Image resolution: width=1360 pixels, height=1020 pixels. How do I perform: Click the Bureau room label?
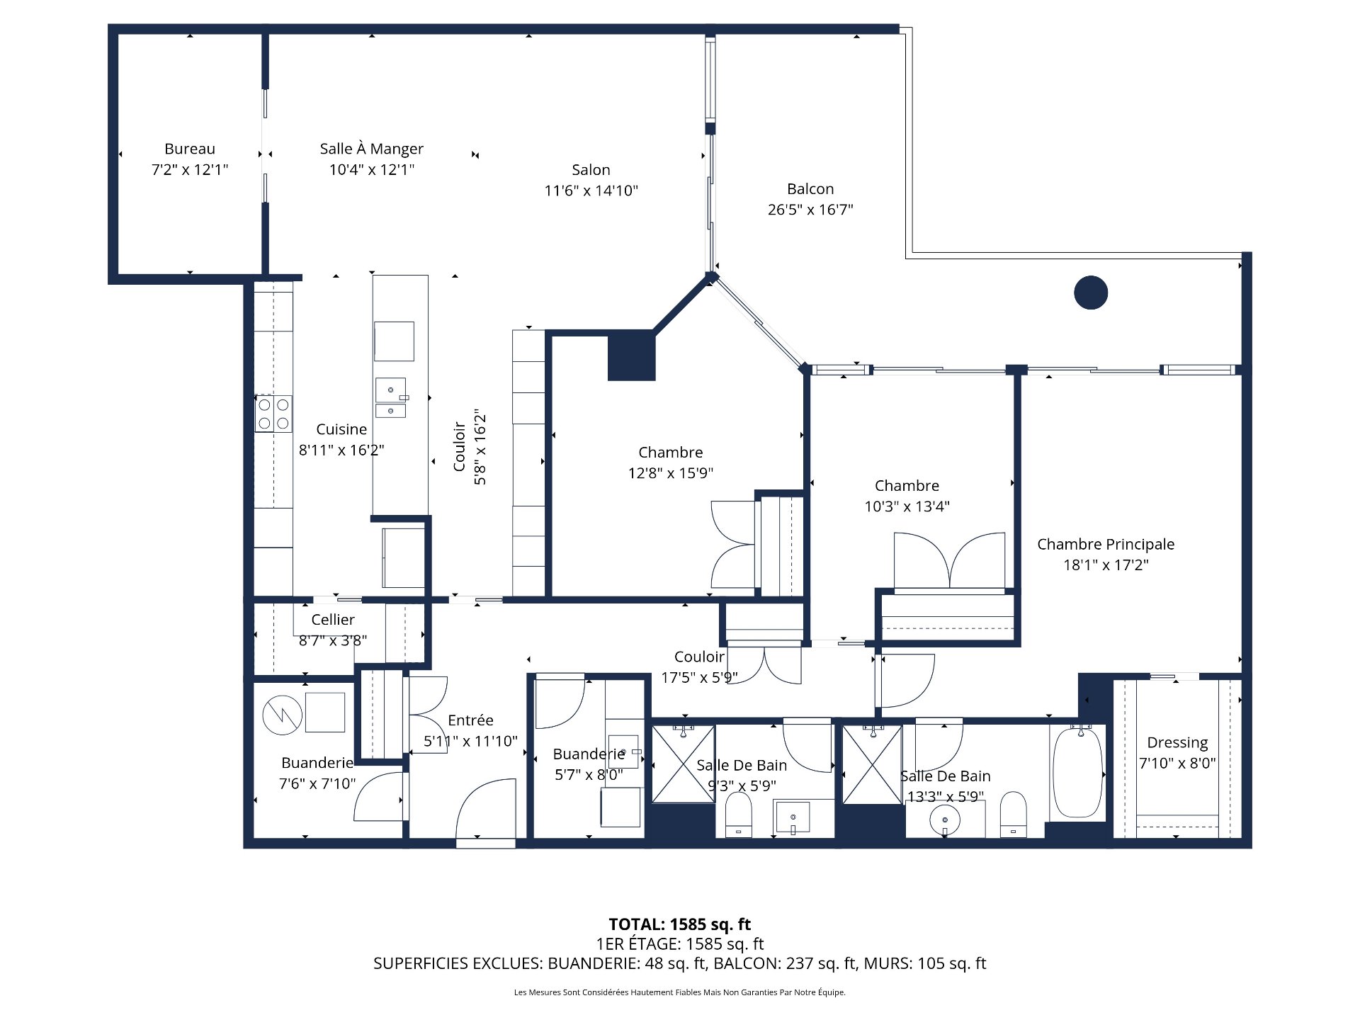click(189, 149)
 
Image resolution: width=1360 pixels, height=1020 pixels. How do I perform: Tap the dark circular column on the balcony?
click(1090, 293)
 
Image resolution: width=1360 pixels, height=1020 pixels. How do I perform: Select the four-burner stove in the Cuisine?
click(273, 414)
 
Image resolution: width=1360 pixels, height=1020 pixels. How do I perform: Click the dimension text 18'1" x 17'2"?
click(1105, 565)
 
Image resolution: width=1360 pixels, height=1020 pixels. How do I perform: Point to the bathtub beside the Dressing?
click(1077, 772)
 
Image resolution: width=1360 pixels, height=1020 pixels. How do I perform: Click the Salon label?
click(591, 170)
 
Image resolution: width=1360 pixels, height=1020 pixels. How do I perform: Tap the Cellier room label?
click(332, 620)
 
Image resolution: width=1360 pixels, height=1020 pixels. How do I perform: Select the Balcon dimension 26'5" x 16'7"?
click(810, 210)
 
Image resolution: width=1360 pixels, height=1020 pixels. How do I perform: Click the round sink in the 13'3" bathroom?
click(945, 820)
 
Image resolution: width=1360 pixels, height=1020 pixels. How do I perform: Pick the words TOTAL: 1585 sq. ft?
click(679, 924)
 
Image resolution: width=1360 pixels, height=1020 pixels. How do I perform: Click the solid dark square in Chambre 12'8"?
click(631, 355)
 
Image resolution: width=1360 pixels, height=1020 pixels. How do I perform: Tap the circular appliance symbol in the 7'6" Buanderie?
click(282, 715)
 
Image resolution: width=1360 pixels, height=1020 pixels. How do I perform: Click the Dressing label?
click(1177, 742)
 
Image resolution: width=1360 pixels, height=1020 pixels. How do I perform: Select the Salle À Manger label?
click(371, 149)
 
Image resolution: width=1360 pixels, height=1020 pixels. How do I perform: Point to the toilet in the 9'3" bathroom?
click(738, 815)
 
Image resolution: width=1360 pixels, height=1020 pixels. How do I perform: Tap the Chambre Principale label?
click(1105, 544)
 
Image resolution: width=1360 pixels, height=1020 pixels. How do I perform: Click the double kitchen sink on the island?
click(390, 399)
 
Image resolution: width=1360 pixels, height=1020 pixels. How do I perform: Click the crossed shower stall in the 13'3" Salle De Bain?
click(872, 765)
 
